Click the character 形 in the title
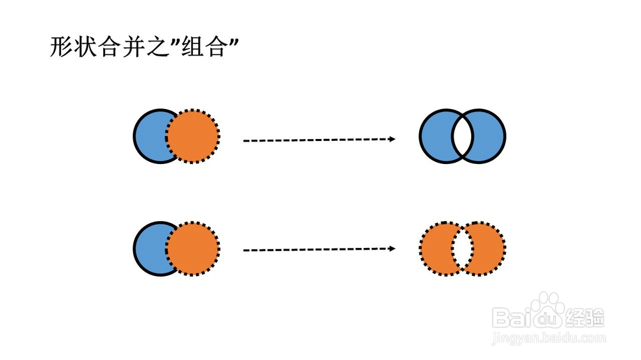(62, 47)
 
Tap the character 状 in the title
(87, 47)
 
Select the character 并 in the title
(133, 47)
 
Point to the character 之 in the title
(158, 47)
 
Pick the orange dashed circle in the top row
(192, 136)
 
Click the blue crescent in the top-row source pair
(149, 136)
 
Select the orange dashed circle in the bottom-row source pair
(192, 249)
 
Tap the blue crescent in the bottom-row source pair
(149, 249)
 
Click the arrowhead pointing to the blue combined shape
(392, 139)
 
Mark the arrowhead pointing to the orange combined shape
(392, 249)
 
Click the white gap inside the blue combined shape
(462, 136)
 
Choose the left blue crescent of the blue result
(435, 136)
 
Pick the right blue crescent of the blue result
(489, 136)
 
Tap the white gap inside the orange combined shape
(462, 249)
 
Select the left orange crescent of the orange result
(435, 249)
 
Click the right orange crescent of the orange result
(489, 249)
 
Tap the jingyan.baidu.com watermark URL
(549, 338)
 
